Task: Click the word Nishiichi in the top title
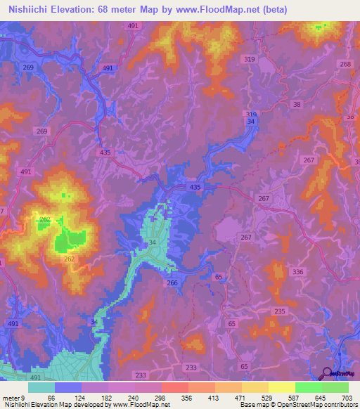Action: point(30,10)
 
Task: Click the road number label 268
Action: point(345,64)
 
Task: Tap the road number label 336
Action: point(297,272)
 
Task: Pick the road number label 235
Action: point(280,311)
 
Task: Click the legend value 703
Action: point(347,397)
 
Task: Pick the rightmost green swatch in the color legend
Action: point(335,387)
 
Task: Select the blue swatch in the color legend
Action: point(67,387)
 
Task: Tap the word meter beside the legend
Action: point(10,397)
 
